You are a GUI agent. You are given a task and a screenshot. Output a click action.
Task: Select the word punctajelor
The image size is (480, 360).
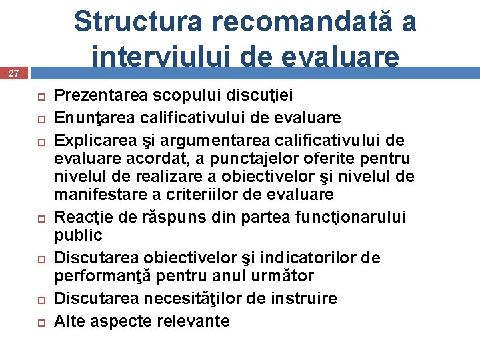point(225,159)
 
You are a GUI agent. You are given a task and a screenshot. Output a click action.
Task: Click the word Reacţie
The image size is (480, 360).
point(79,217)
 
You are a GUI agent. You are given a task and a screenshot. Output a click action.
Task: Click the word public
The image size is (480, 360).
point(78,235)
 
